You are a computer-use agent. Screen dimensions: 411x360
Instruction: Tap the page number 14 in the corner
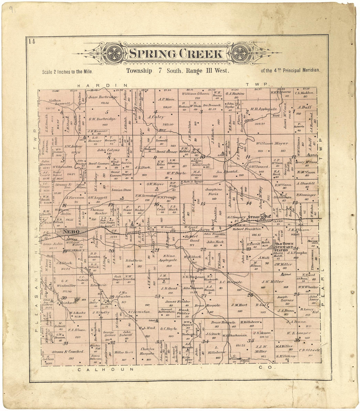[x=31, y=41]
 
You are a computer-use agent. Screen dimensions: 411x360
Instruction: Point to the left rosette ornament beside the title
[x=114, y=53]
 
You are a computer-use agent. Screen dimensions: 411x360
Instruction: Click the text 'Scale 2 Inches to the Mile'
[x=67, y=71]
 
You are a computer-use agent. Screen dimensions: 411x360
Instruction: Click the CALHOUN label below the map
[x=106, y=369]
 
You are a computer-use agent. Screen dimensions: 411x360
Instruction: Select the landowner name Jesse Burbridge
[x=103, y=97]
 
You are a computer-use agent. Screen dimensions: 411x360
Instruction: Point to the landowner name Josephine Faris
[x=213, y=191]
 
